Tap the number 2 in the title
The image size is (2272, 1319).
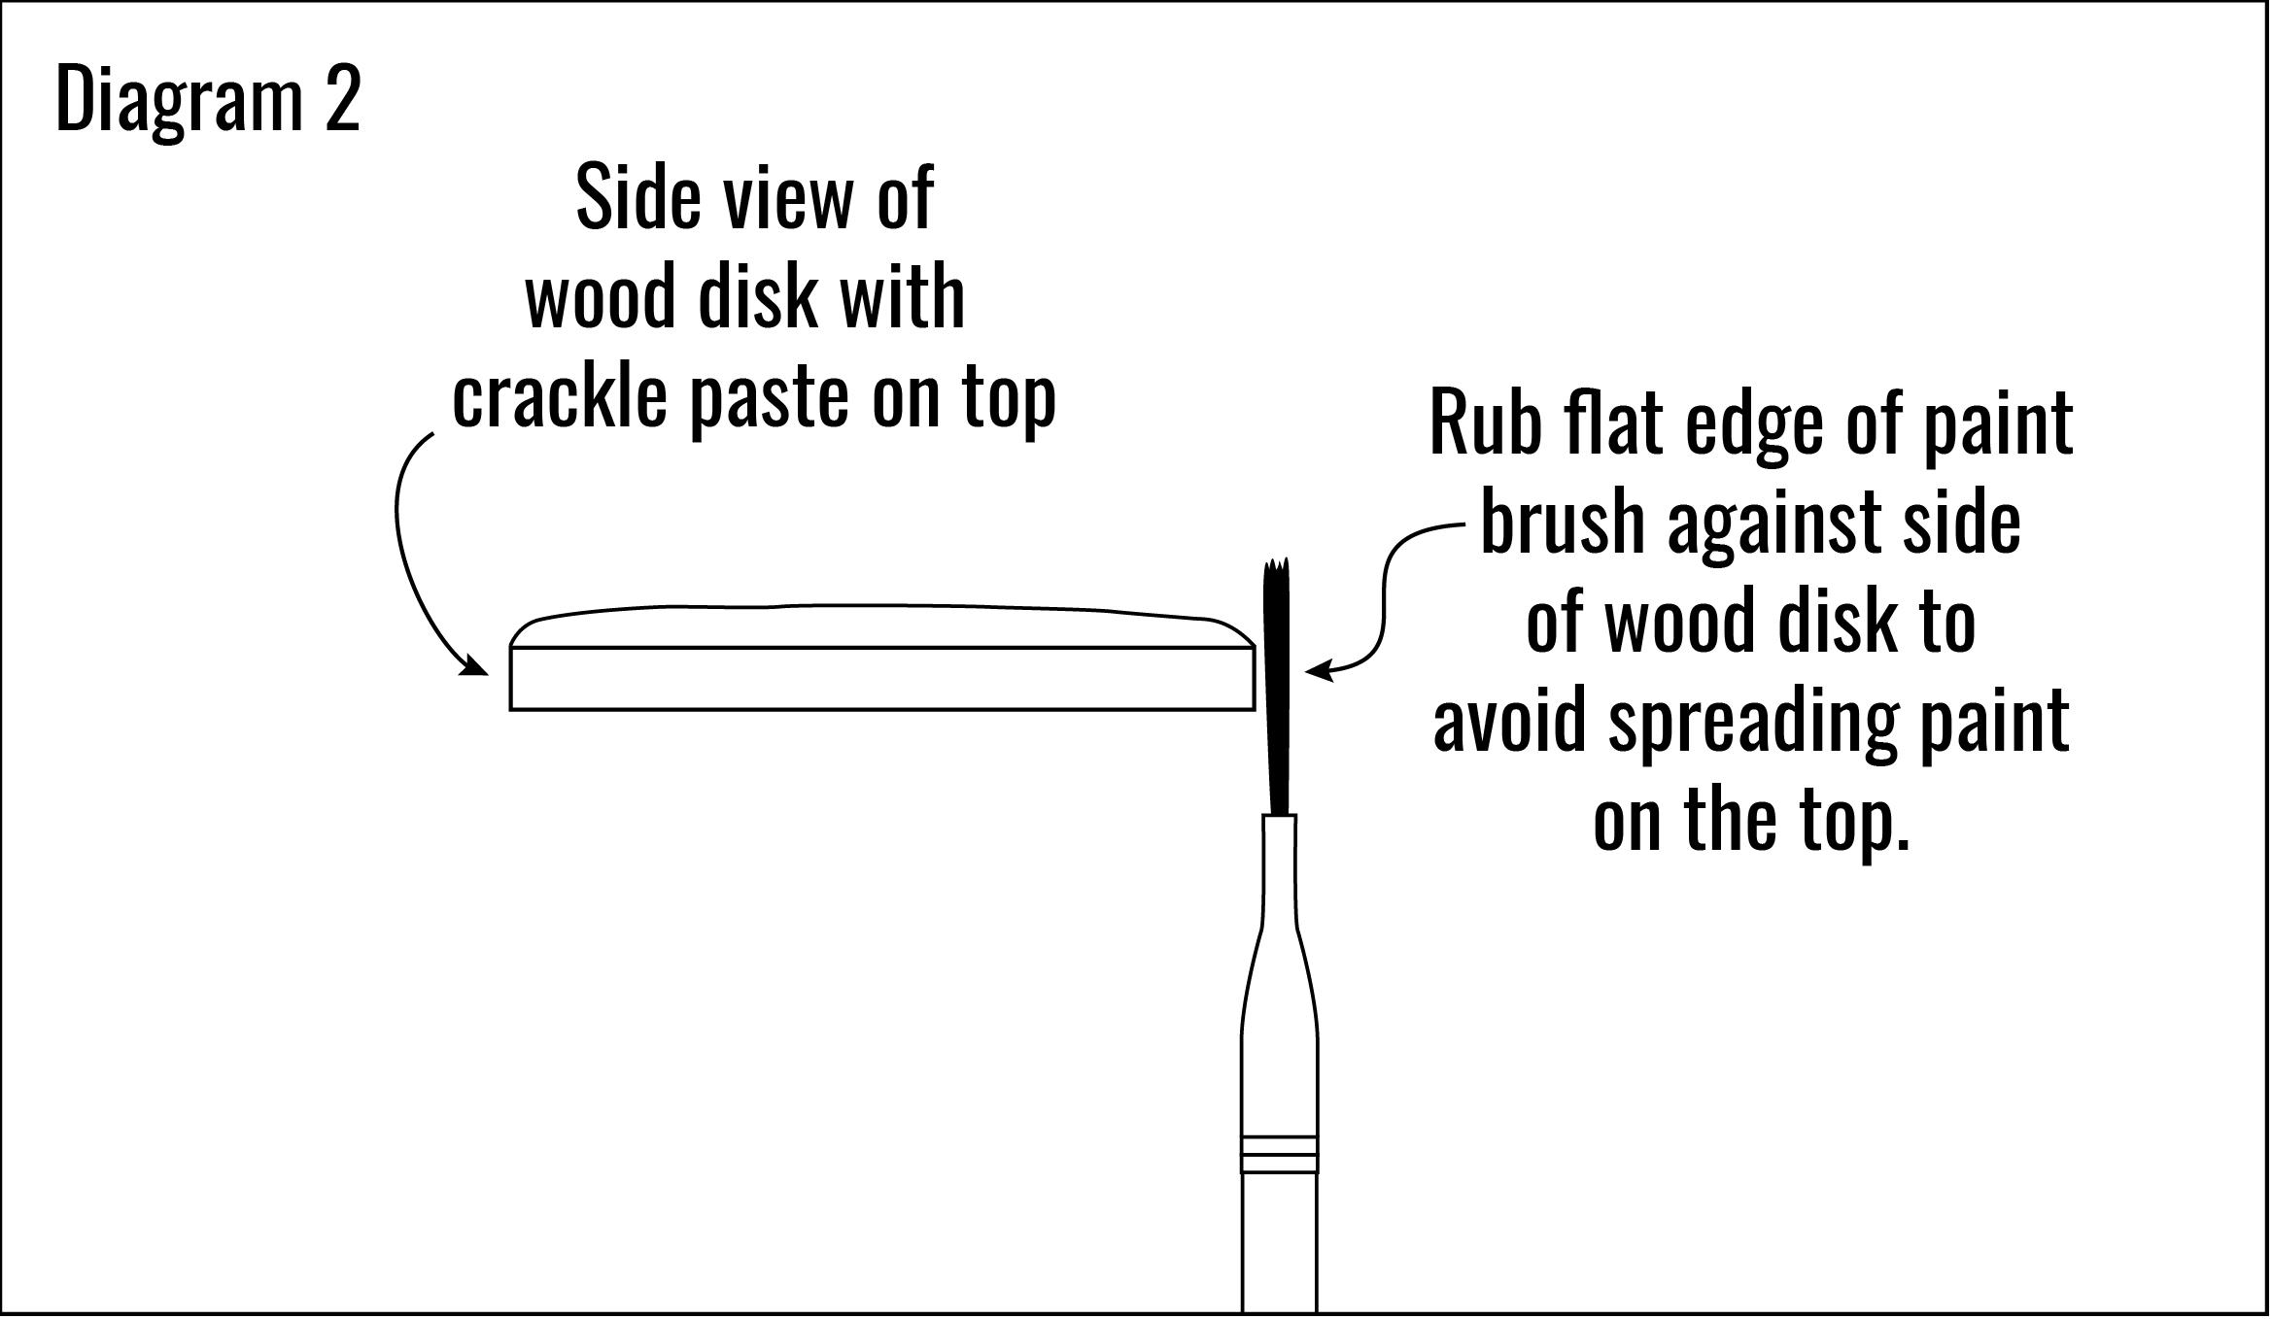tap(342, 99)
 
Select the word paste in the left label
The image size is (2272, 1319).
tap(769, 400)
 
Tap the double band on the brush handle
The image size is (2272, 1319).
tap(1279, 1154)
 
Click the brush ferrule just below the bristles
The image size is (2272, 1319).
tap(1279, 864)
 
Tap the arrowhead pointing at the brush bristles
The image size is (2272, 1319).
tap(1316, 670)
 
